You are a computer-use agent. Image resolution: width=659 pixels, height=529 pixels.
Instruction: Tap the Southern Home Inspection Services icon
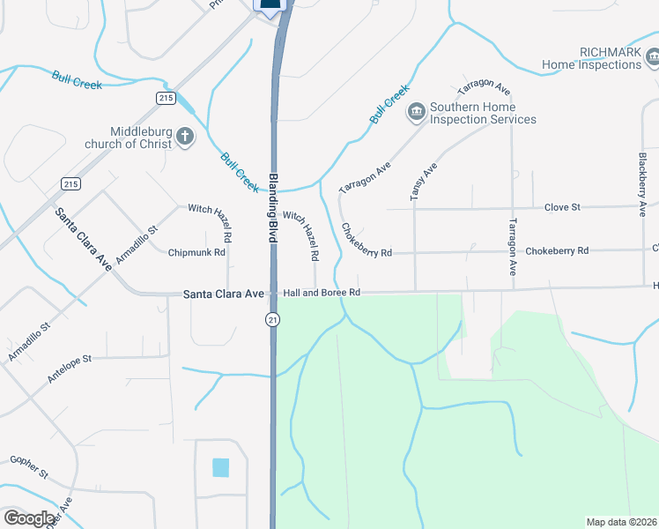coord(415,112)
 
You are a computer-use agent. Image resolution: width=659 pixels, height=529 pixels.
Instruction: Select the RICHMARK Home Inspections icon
coord(653,58)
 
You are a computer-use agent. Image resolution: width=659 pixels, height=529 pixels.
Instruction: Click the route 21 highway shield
coord(273,319)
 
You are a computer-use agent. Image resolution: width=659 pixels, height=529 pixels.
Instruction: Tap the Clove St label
coord(562,206)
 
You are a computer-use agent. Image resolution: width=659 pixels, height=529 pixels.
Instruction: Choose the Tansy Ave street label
coord(423,182)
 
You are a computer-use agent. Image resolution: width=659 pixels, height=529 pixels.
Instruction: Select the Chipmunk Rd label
coord(197,252)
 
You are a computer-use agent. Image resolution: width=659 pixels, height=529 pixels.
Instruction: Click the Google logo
coord(29,518)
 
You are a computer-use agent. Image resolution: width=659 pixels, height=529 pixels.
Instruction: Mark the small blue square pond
coord(220,467)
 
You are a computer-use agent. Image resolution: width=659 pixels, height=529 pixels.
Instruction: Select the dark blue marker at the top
coord(272,5)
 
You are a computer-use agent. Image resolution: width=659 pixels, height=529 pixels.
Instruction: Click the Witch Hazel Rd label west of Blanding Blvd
coord(210,222)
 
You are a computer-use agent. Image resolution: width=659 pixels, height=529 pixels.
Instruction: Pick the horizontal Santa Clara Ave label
coord(224,293)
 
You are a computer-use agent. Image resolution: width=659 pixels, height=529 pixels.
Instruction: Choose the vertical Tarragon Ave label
coord(512,249)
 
